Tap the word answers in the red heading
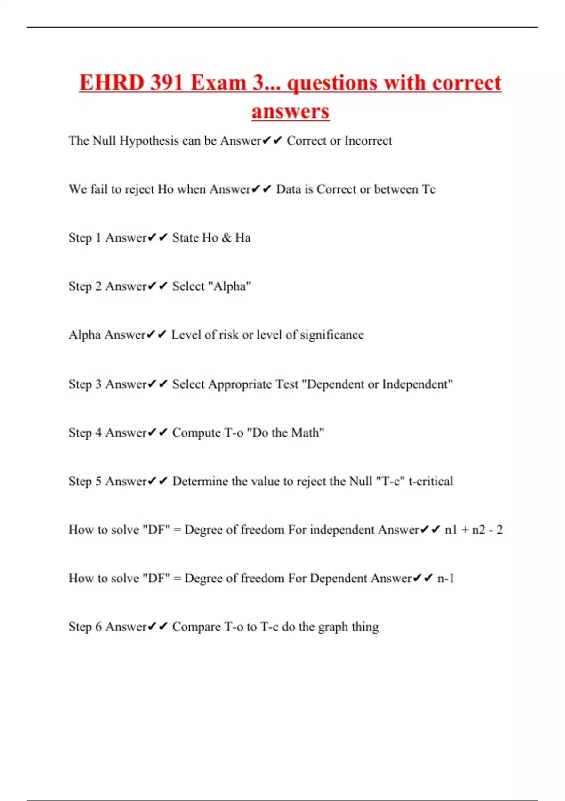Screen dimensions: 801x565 (291, 112)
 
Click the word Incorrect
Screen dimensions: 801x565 (368, 141)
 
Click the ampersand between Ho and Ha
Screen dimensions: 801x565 (226, 238)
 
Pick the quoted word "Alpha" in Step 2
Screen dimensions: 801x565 (229, 286)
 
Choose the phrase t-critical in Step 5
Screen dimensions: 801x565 (431, 482)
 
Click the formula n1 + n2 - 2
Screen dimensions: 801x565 (474, 530)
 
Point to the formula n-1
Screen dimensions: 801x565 (446, 579)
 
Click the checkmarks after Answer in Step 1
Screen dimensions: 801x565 (157, 238)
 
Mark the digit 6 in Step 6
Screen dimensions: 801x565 (98, 627)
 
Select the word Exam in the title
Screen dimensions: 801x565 (218, 83)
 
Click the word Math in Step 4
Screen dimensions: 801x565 (307, 433)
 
